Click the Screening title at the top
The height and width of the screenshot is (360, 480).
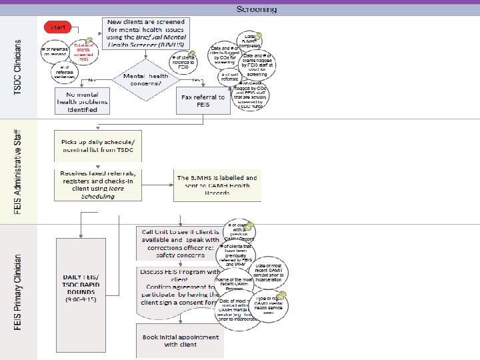[x=257, y=9]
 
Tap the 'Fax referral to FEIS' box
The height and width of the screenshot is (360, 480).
[x=203, y=101]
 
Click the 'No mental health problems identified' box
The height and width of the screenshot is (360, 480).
[x=81, y=101]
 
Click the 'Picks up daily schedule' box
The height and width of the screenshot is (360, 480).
[x=97, y=145]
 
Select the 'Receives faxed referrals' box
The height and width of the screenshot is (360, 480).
[x=97, y=184]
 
